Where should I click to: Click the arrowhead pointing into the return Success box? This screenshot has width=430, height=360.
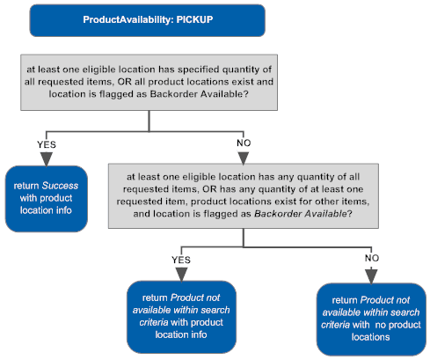click(x=47, y=158)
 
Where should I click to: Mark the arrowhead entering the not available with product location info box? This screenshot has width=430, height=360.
click(x=179, y=275)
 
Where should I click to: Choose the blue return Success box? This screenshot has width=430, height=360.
click(x=47, y=199)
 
